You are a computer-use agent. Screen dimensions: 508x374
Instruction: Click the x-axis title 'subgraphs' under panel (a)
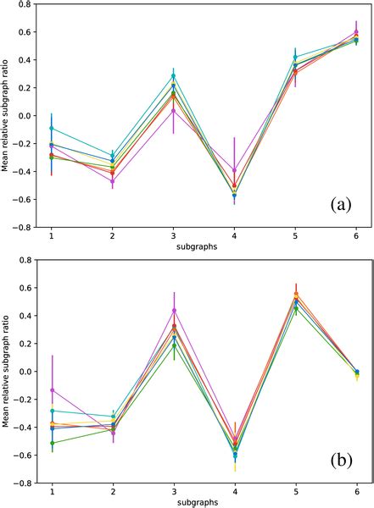(204, 248)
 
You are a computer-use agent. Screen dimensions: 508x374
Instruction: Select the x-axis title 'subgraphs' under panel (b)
(204, 503)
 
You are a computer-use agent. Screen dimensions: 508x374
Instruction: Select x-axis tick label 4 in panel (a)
(234, 236)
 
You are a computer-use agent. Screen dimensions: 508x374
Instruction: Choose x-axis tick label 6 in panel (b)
(356, 492)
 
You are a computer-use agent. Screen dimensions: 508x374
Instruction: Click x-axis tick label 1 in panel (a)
(52, 236)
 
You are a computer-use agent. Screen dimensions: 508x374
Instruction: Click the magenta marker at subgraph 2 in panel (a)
(112, 181)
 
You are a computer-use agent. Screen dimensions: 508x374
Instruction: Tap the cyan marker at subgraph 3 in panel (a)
(173, 76)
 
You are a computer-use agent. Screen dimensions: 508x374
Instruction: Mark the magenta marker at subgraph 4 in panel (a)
(234, 170)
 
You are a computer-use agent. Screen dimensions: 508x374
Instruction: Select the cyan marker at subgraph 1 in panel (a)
(52, 128)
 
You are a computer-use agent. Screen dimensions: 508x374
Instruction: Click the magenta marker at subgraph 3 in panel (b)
(173, 311)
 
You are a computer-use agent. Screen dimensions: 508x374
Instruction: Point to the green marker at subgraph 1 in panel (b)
(52, 443)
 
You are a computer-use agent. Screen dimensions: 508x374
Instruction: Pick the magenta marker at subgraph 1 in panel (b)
(52, 390)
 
